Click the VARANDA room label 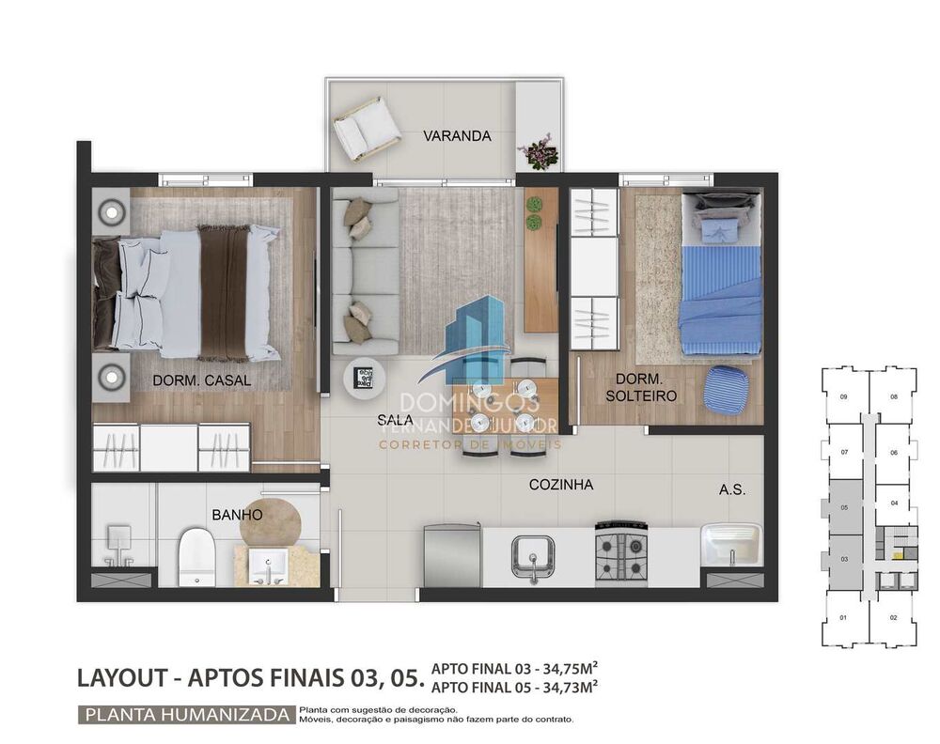pyautogui.click(x=457, y=135)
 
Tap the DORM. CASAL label pyautogui.click(x=202, y=380)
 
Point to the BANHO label pyautogui.click(x=237, y=515)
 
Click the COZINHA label pyautogui.click(x=560, y=485)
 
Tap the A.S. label pyautogui.click(x=732, y=489)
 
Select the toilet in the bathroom pyautogui.click(x=197, y=557)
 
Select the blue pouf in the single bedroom pyautogui.click(x=726, y=387)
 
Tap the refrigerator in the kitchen pyautogui.click(x=450, y=555)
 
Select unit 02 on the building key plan pyautogui.click(x=893, y=617)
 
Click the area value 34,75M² pyautogui.click(x=562, y=669)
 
